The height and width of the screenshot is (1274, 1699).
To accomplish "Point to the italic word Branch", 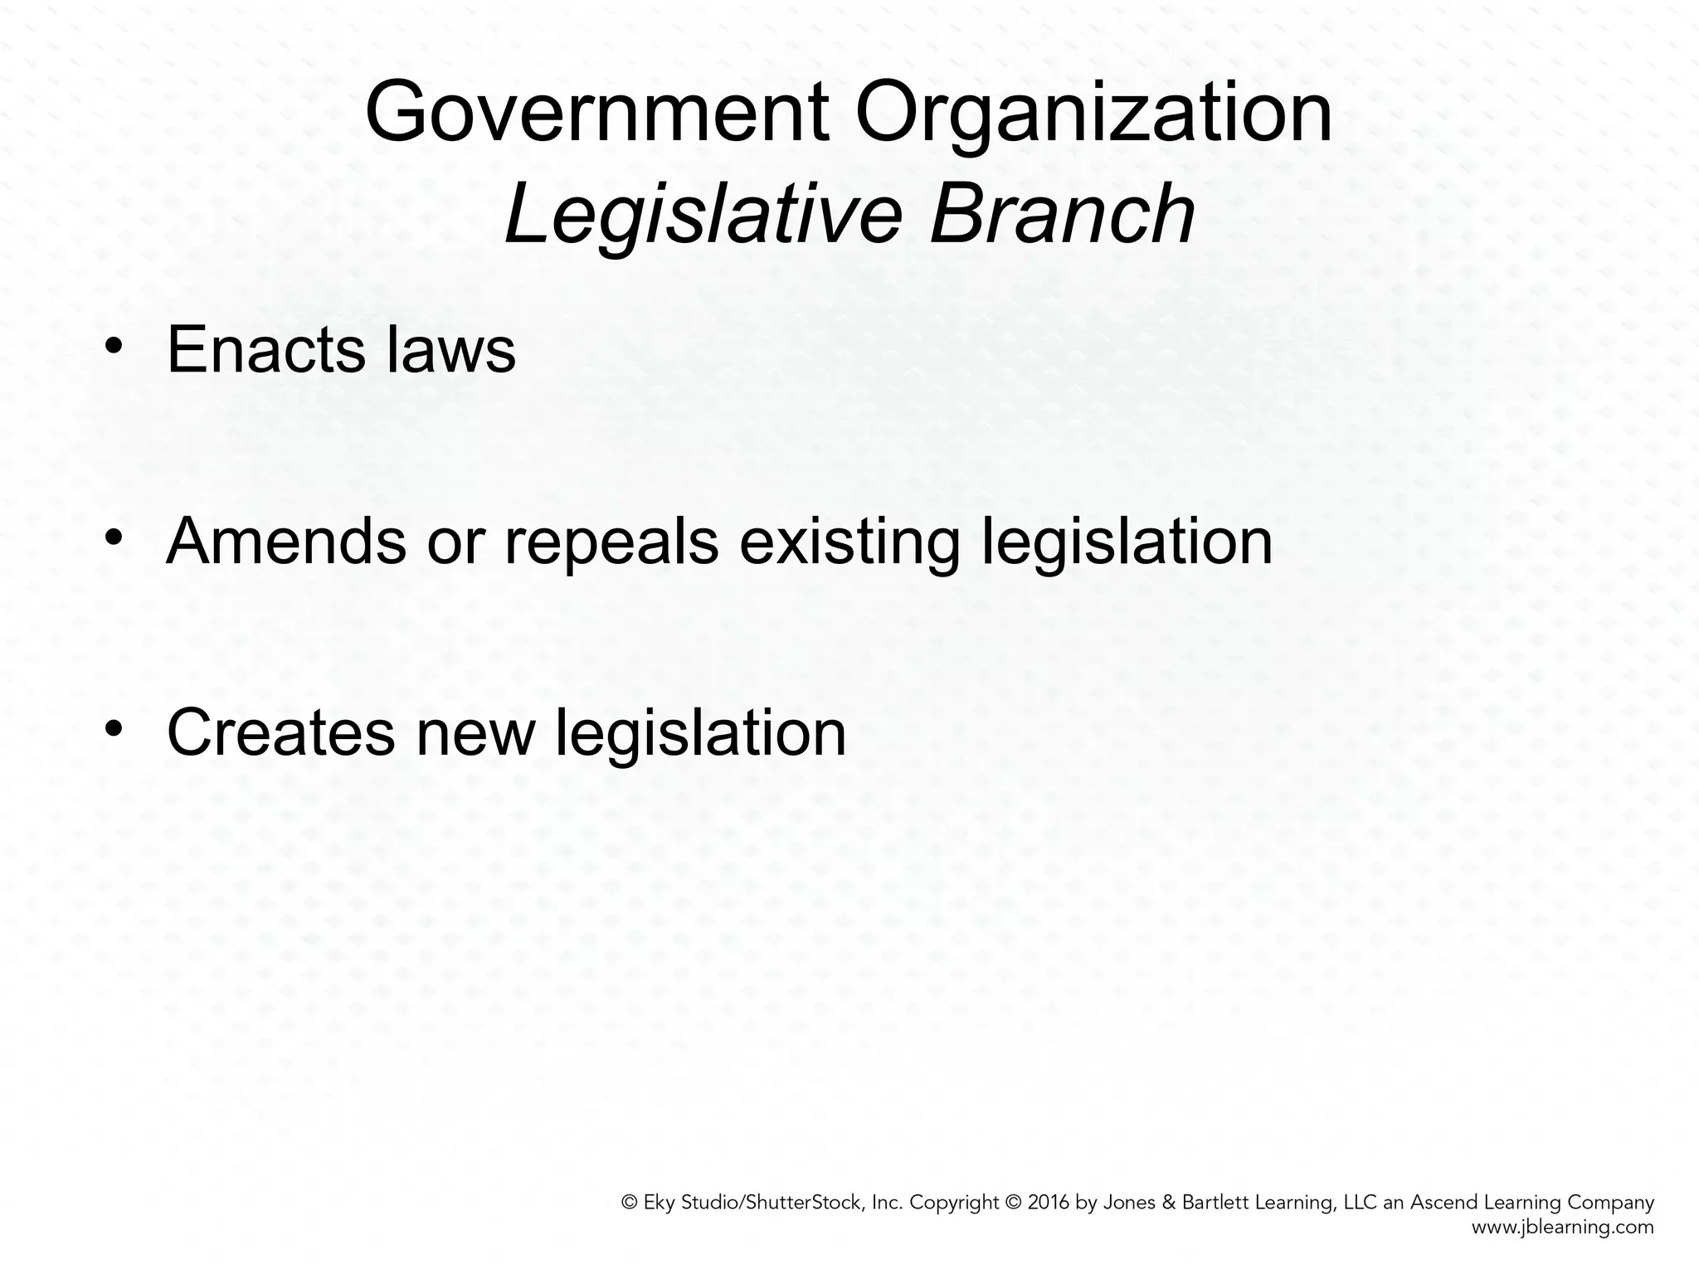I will pos(1062,214).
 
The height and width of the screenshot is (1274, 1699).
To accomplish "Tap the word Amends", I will pos(286,542).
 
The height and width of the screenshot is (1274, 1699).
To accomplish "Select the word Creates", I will pos(280,732).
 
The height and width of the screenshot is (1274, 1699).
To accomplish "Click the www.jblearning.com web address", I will pos(1563,1228).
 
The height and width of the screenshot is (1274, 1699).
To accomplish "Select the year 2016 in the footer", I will pos(1049,1203).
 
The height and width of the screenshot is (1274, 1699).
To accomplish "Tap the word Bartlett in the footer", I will pos(1221,1203).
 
